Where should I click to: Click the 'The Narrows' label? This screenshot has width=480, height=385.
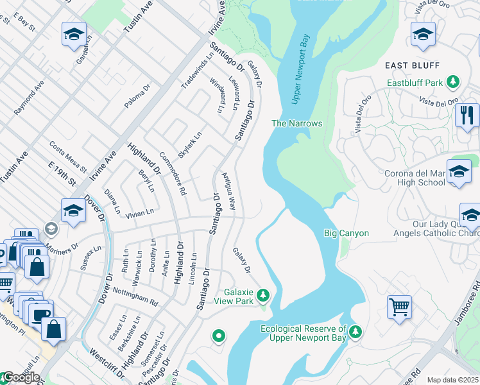pyautogui.click(x=296, y=123)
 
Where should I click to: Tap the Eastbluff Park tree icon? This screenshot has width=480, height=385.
pyautogui.click(x=454, y=82)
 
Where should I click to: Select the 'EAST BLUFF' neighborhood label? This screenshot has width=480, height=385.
pyautogui.click(x=412, y=65)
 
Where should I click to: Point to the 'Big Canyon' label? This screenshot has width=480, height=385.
pyautogui.click(x=347, y=233)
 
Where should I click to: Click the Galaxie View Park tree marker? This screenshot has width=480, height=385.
pyautogui.click(x=262, y=296)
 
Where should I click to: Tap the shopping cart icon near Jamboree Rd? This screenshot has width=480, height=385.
pyautogui.click(x=399, y=307)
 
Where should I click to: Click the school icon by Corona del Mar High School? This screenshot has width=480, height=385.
pyautogui.click(x=459, y=172)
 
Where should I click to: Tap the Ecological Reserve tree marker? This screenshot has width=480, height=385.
pyautogui.click(x=356, y=332)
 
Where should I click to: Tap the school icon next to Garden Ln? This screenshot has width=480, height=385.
pyautogui.click(x=74, y=33)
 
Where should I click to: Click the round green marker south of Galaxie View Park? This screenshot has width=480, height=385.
pyautogui.click(x=219, y=336)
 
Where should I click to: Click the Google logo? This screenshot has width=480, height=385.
pyautogui.click(x=21, y=377)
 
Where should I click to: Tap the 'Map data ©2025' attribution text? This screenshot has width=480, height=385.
pyautogui.click(x=452, y=380)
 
